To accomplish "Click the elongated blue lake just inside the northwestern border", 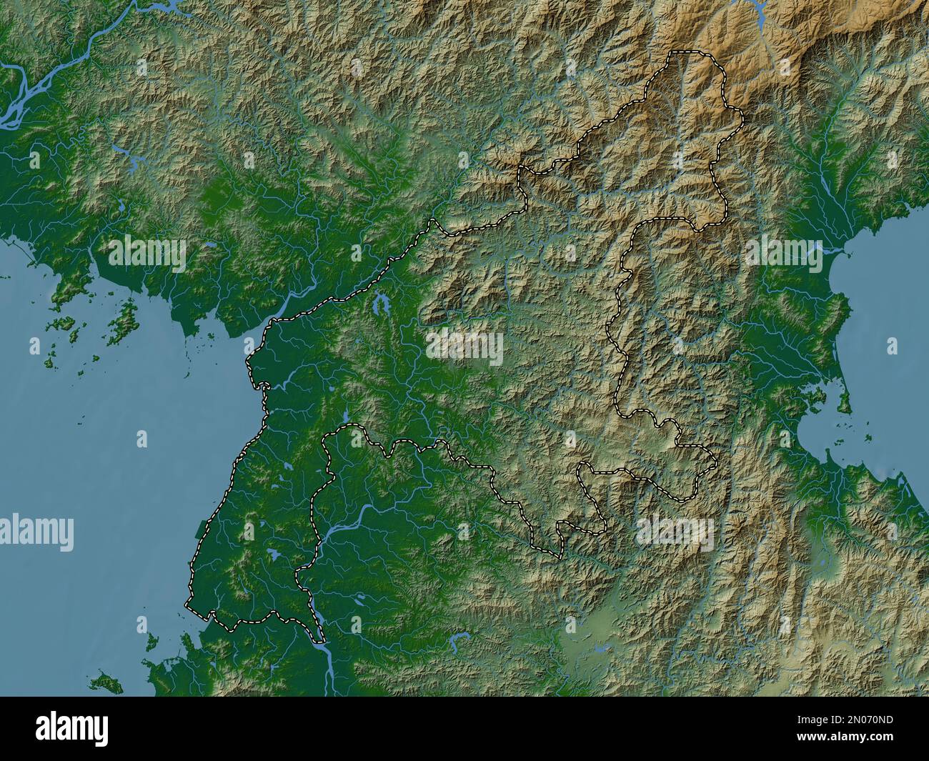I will pos(377,306).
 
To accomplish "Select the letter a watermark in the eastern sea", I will pos(891,347).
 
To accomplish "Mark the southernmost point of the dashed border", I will pos(322,641).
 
